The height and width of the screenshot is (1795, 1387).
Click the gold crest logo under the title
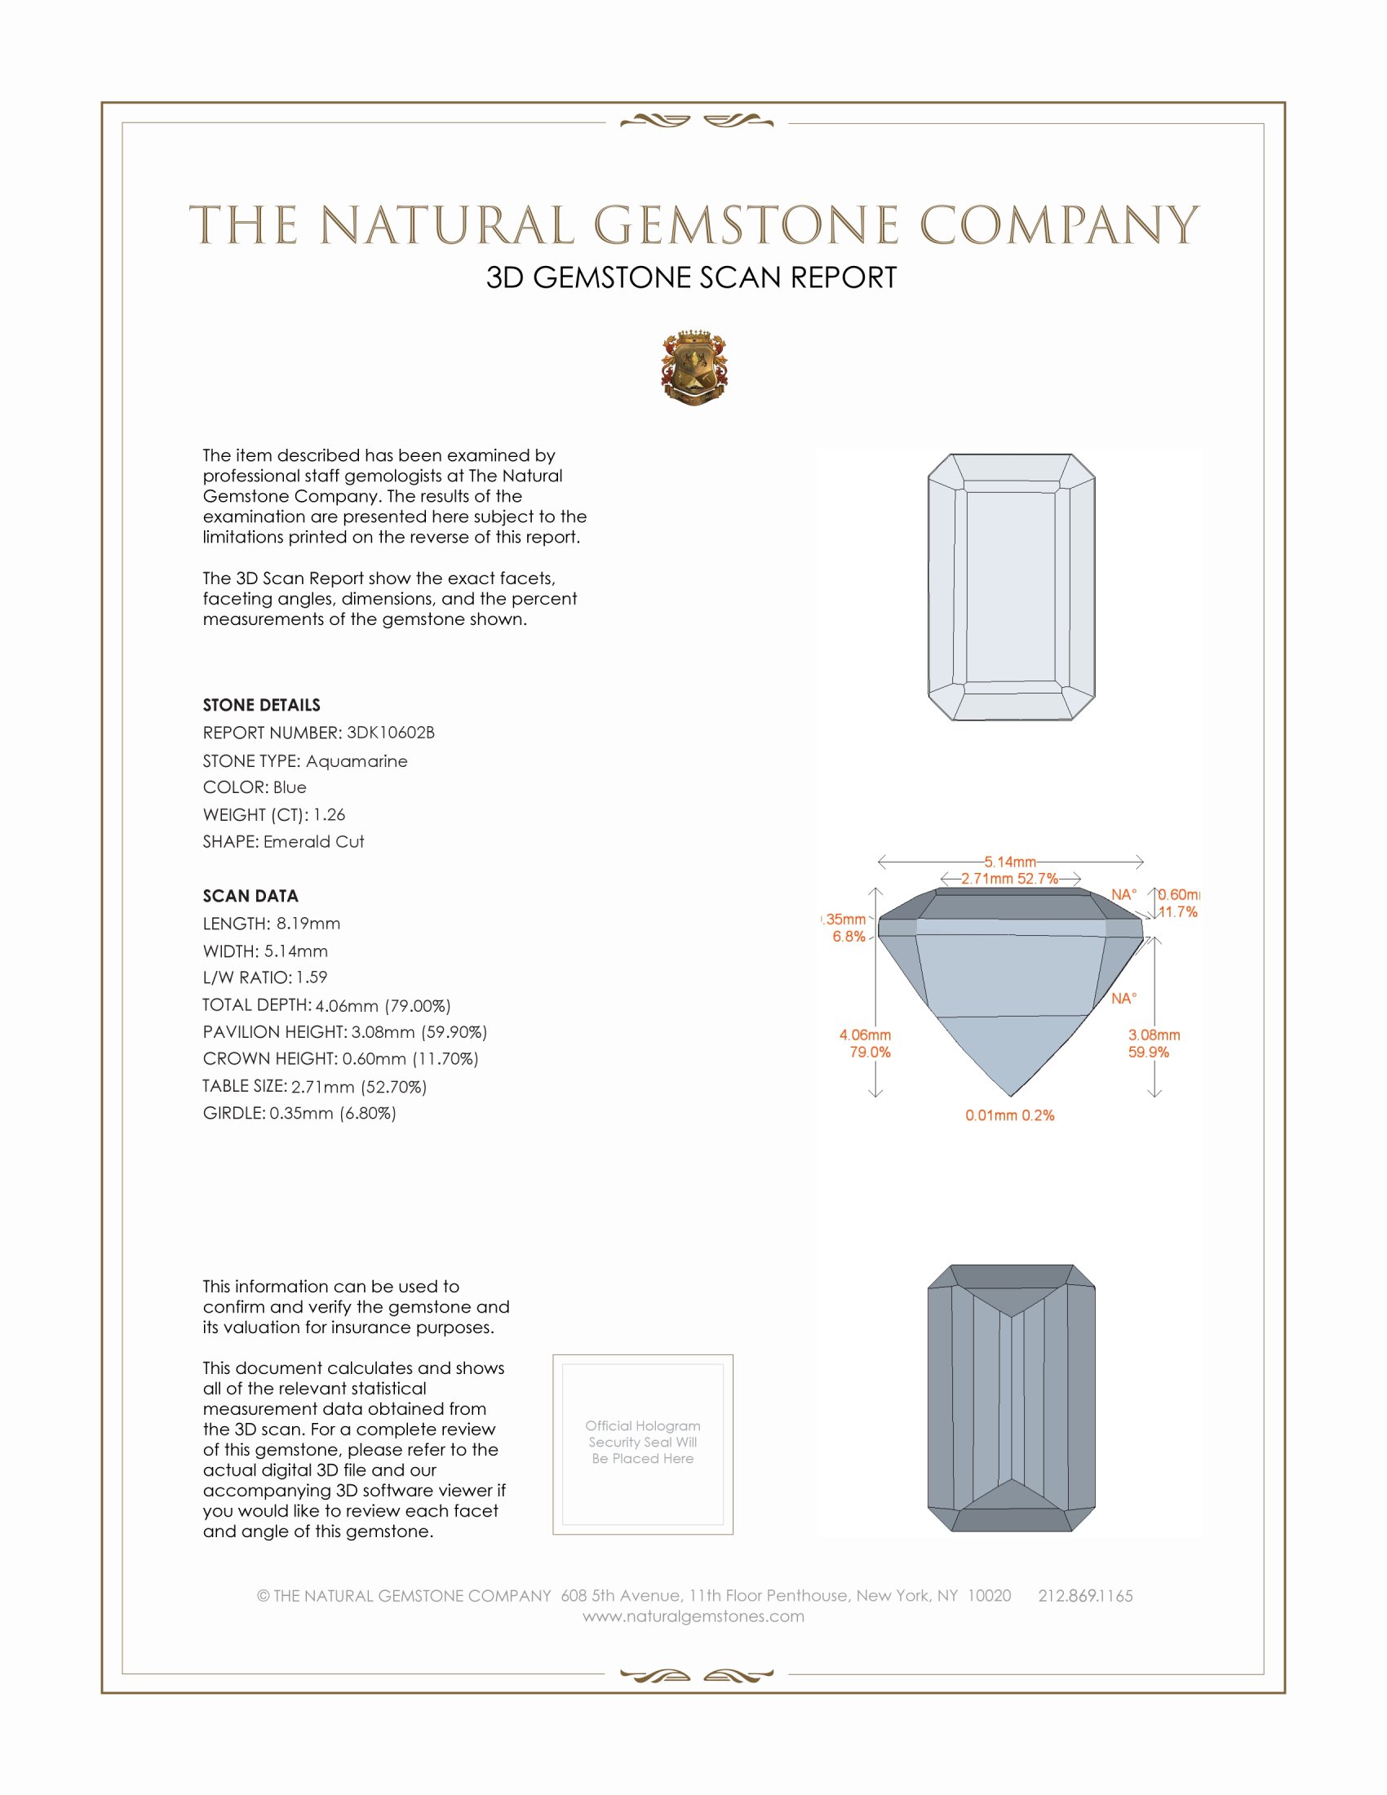coord(694,367)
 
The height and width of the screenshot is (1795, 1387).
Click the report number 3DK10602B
coord(390,733)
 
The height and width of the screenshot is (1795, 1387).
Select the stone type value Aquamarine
coord(356,761)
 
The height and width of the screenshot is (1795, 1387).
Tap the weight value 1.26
coord(329,814)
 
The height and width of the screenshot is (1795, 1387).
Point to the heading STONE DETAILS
coord(261,705)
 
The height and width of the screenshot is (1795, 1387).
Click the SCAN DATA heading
coord(250,896)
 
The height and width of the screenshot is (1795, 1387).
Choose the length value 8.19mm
coord(308,924)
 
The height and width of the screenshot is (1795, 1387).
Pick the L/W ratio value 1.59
coord(312,977)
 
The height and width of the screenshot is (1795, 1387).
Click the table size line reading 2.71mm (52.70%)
coord(358,1087)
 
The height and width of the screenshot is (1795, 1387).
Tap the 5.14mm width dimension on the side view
coord(1010,862)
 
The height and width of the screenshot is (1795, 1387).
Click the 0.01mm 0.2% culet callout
coord(1010,1115)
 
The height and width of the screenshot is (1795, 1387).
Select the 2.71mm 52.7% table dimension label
coord(1010,879)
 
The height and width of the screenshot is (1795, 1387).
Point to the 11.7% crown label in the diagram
coord(1177,912)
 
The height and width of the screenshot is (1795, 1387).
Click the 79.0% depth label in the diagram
coord(871,1052)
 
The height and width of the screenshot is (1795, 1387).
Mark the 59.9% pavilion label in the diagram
coord(1148,1052)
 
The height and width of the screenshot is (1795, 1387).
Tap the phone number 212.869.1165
coord(1085,1595)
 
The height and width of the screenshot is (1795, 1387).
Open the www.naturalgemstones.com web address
coord(693,1615)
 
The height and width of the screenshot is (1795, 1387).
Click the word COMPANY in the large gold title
coord(1058,225)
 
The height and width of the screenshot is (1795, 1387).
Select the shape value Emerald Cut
coord(313,842)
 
